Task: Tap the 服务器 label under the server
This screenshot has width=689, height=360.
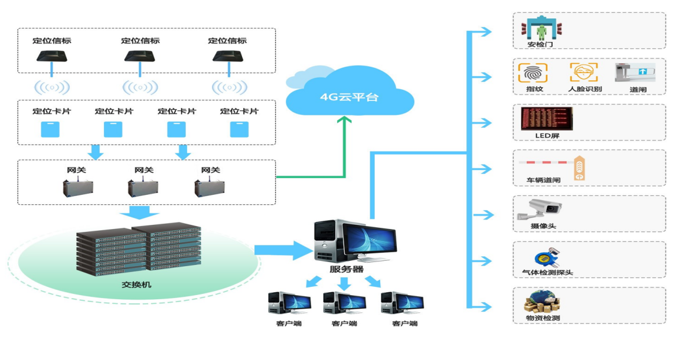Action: [346, 270]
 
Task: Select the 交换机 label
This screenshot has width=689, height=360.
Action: [136, 285]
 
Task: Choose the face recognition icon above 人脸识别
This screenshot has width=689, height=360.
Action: [583, 73]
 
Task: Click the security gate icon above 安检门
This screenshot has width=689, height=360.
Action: [542, 28]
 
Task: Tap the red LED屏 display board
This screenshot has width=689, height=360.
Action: [546, 119]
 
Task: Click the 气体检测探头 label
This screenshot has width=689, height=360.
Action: [547, 273]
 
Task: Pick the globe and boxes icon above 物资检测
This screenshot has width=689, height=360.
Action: [541, 301]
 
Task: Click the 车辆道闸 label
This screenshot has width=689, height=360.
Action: [543, 180]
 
